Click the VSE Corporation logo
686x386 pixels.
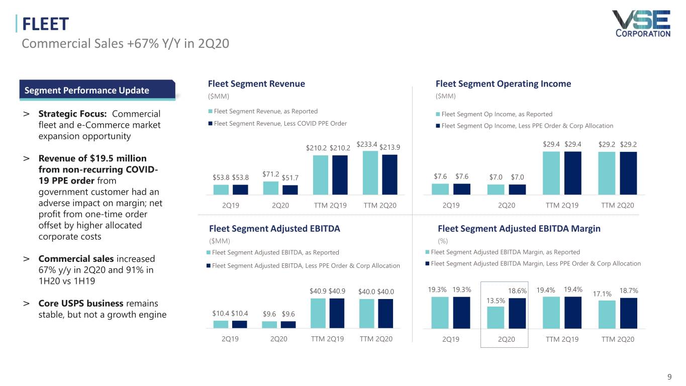click(641, 24)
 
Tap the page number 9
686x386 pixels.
click(669, 377)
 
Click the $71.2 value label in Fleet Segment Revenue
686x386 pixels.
click(271, 174)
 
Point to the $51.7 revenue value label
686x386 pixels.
click(290, 177)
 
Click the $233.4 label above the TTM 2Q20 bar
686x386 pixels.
click(367, 144)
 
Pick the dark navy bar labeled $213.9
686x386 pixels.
click(389, 174)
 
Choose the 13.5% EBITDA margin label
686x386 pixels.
click(496, 301)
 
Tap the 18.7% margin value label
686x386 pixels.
click(628, 291)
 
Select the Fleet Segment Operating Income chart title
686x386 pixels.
click(503, 84)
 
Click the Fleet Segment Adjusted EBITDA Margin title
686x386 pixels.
click(519, 229)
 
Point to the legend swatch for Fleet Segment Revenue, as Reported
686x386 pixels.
click(210, 112)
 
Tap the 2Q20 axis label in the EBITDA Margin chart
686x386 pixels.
click(506, 339)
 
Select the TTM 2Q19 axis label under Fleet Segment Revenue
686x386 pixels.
click(330, 206)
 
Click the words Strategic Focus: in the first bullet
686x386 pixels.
click(74, 114)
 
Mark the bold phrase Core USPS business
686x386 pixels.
click(81, 304)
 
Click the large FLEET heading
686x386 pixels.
click(45, 24)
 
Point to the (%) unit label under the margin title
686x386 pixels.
click(443, 241)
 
